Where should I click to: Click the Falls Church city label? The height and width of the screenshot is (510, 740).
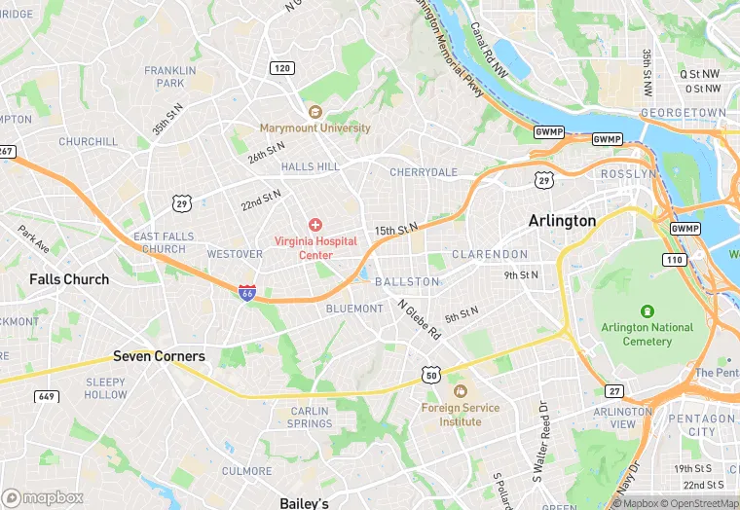click(x=69, y=279)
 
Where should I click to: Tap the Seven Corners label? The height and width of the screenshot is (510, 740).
click(x=159, y=356)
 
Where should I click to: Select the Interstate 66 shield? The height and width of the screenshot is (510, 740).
click(x=247, y=291)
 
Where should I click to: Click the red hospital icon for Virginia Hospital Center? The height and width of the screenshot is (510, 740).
click(x=315, y=225)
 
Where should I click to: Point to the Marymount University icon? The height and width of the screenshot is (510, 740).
click(x=314, y=112)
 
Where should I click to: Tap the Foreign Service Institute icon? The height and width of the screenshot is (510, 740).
click(x=460, y=391)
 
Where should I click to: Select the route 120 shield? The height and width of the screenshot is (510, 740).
click(x=282, y=68)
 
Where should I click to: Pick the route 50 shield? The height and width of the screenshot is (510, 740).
click(x=430, y=374)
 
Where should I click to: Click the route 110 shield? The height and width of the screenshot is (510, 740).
click(x=674, y=259)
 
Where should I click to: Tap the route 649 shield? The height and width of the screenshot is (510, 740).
click(x=46, y=396)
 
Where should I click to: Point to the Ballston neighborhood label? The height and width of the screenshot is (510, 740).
click(x=407, y=281)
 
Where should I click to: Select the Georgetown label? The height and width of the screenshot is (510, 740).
click(x=683, y=113)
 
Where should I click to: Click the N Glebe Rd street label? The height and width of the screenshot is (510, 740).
click(x=420, y=318)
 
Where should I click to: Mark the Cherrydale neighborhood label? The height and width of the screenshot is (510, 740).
click(x=423, y=172)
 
